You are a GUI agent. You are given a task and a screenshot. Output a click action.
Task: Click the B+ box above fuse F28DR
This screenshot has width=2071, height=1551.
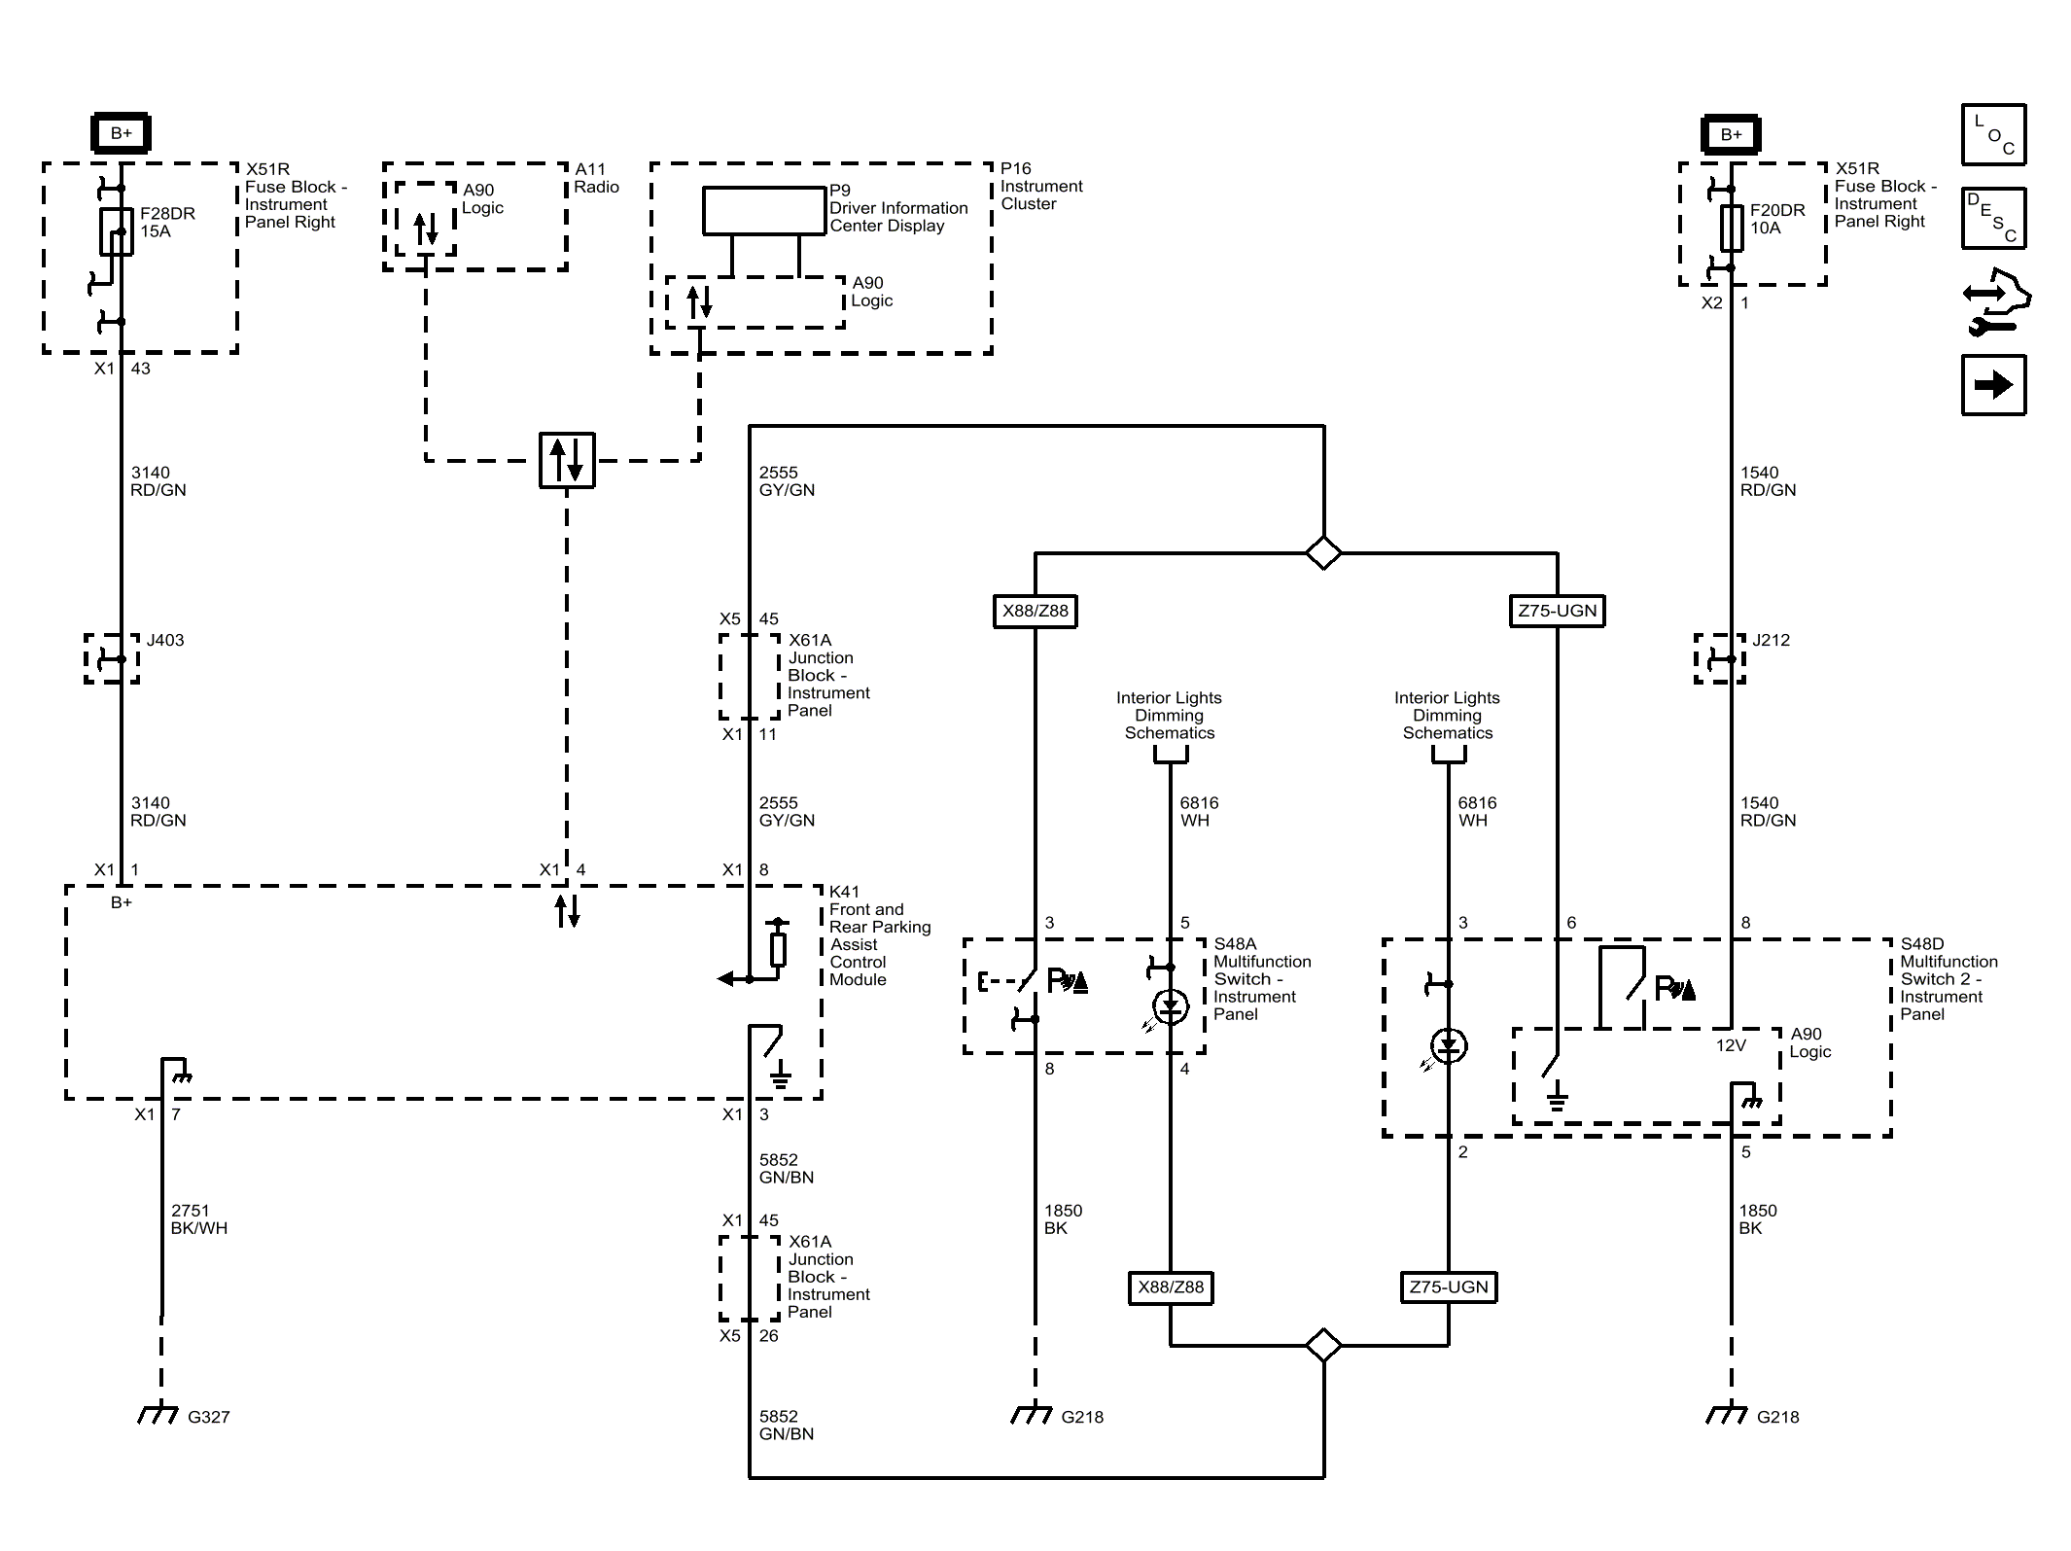121,133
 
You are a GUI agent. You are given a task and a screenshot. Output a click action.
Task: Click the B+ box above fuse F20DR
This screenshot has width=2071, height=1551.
1731,134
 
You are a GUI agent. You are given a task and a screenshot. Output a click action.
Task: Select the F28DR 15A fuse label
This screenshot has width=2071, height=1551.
167,223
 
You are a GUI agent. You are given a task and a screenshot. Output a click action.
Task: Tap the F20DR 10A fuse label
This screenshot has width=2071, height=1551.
1777,219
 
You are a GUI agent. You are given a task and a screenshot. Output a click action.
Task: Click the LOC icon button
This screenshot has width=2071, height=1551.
1993,134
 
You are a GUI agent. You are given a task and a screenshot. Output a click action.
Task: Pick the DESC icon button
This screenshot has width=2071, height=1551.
1993,219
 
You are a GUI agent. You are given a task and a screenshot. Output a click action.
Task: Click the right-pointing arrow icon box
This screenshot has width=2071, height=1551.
1993,385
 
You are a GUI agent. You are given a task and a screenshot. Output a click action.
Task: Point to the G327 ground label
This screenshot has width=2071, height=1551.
208,1417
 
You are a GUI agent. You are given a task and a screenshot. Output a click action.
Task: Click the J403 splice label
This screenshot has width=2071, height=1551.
165,640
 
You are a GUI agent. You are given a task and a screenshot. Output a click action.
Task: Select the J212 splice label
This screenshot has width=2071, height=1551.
1771,640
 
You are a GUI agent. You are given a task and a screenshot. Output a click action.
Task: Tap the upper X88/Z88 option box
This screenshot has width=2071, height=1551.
1035,611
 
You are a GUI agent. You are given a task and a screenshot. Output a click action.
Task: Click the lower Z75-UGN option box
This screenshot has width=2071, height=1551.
1449,1287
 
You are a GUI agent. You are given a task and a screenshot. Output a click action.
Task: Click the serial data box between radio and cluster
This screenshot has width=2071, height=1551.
567,461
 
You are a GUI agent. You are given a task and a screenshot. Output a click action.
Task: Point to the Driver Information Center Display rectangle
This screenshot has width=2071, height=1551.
764,211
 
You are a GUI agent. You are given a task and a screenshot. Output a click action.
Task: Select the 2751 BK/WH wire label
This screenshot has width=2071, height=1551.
199,1219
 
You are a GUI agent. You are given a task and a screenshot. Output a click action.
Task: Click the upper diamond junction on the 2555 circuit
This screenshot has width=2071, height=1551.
1323,553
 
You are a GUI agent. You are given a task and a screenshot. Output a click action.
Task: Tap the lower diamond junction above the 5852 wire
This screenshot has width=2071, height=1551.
1323,1346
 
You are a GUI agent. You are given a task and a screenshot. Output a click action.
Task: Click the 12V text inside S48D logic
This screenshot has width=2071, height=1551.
1731,1045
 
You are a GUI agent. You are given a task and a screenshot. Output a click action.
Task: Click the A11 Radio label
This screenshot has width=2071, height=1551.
596,178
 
